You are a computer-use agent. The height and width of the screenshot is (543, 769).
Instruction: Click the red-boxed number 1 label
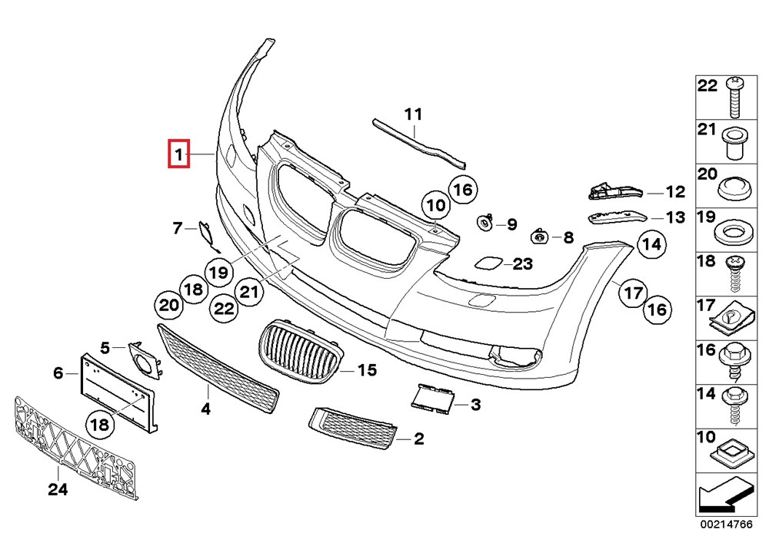179,156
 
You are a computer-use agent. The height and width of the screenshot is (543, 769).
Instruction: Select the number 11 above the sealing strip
414,115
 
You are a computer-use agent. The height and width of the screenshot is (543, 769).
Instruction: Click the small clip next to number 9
485,223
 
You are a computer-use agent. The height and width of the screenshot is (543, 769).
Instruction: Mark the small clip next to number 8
541,236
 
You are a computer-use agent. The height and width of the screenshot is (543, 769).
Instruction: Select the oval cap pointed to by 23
488,264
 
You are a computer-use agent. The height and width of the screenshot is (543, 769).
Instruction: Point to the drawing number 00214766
724,526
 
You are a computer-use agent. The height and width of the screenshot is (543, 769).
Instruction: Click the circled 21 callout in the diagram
248,292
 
